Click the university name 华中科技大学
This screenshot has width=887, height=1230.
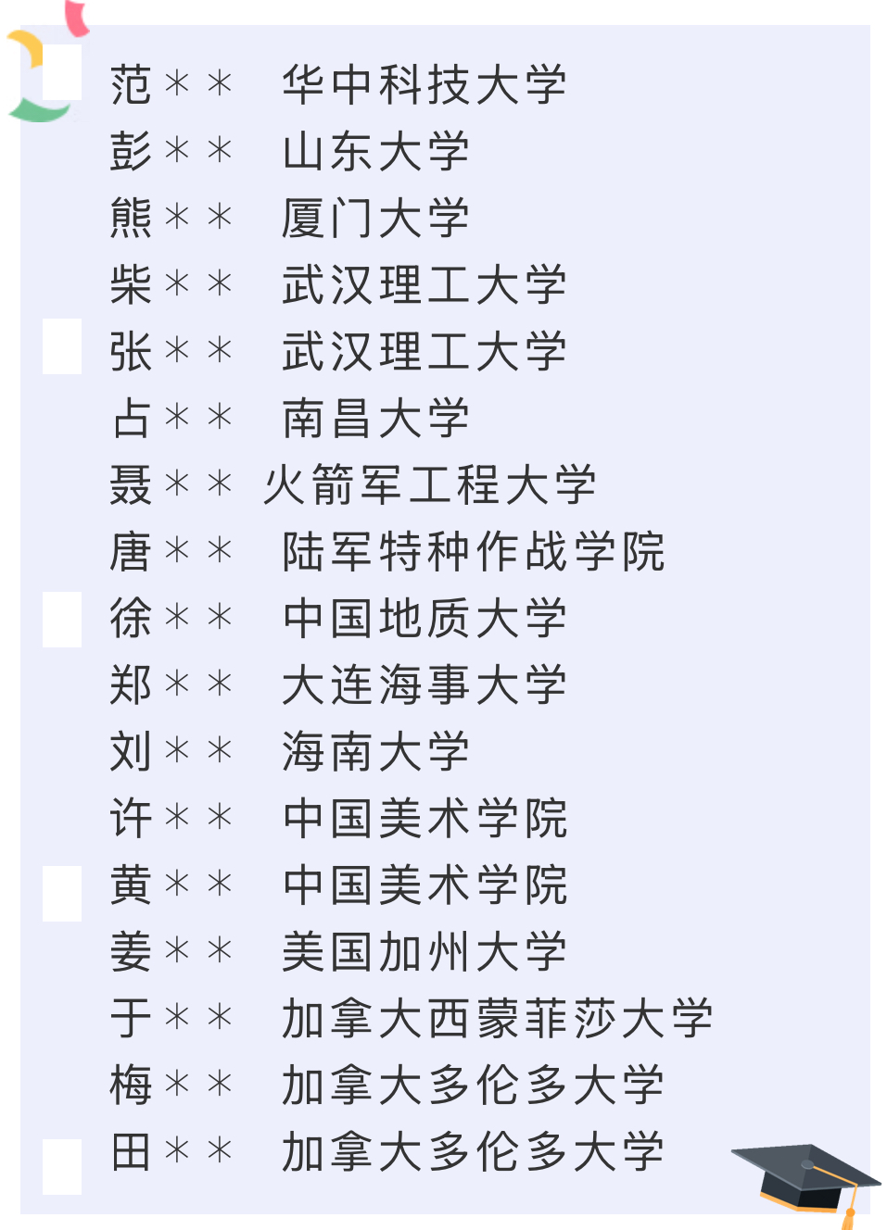424,84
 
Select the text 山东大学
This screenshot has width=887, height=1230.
375,151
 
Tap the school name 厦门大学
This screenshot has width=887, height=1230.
375,218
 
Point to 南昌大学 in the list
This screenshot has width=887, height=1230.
375,418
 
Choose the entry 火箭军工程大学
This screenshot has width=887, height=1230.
429,484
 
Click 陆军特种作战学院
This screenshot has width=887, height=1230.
473,551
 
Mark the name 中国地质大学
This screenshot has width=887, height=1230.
424,618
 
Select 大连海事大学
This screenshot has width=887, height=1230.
424,684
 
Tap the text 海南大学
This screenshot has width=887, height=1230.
375,751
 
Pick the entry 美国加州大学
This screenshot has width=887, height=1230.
424,951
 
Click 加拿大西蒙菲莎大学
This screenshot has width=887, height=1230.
497,1018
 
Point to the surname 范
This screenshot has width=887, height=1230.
131,84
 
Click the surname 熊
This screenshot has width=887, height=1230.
131,218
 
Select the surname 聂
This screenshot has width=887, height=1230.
131,484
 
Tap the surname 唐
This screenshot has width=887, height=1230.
131,551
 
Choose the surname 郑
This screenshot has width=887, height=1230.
131,684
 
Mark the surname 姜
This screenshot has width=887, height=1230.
131,951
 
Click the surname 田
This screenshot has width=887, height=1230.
131,1151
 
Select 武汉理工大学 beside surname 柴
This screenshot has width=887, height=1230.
424,284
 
